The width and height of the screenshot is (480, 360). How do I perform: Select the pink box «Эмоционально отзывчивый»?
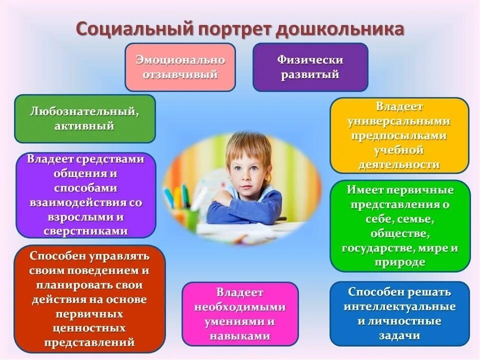[x=180, y=67]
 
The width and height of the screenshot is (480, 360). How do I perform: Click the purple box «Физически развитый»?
[x=310, y=67]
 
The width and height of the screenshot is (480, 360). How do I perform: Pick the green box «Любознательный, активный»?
[x=84, y=118]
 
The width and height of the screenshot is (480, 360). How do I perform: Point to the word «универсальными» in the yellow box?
[x=399, y=121]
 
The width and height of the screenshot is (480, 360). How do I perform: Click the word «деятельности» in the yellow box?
[x=399, y=164]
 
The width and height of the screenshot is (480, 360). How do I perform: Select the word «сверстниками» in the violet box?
[x=85, y=231]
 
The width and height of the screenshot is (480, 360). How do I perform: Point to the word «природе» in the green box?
[x=399, y=262]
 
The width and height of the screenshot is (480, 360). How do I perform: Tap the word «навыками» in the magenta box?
[x=239, y=336]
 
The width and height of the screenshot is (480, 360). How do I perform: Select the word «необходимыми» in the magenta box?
[x=239, y=307]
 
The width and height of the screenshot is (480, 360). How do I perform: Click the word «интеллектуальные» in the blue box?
[x=399, y=306]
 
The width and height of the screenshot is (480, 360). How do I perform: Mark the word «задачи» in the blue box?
[x=399, y=335]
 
